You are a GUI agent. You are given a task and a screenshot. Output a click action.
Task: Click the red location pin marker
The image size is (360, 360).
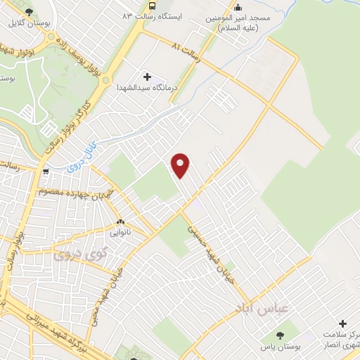coord(181,165)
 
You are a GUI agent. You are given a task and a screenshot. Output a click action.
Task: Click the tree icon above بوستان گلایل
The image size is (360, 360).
coord(28,12)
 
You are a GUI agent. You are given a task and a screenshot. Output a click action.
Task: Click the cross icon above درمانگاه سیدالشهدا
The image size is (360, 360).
coord(147,76)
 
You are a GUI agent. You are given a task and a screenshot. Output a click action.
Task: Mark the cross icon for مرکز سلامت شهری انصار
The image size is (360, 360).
coord(342,325)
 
